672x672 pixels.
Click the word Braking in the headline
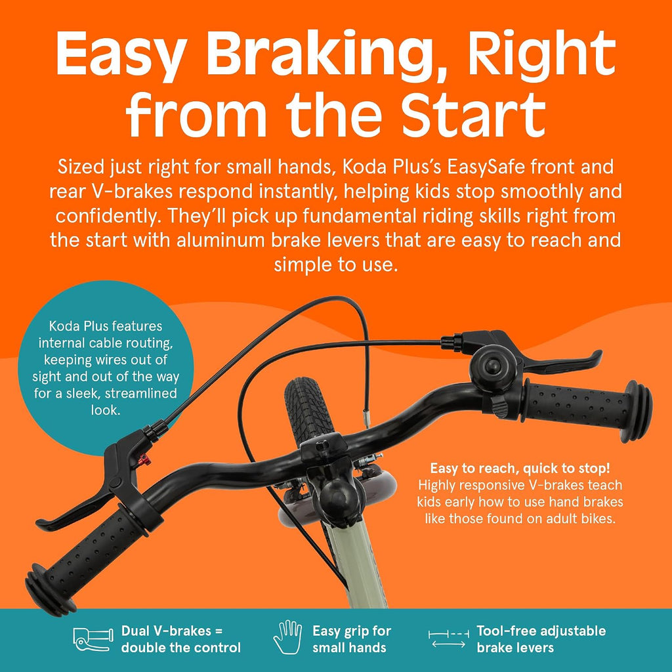pos(320,55)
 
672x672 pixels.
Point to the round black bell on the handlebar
pos(492,366)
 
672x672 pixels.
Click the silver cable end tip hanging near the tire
pos(366,419)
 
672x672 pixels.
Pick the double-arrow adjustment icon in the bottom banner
pos(448,639)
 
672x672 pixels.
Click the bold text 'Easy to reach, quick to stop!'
pos(520,468)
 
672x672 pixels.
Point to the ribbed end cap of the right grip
pos(637,411)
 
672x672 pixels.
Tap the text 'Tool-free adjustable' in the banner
pos(541,631)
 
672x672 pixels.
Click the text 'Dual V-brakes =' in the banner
pos(173,631)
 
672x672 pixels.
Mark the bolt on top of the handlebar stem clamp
pos(322,446)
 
